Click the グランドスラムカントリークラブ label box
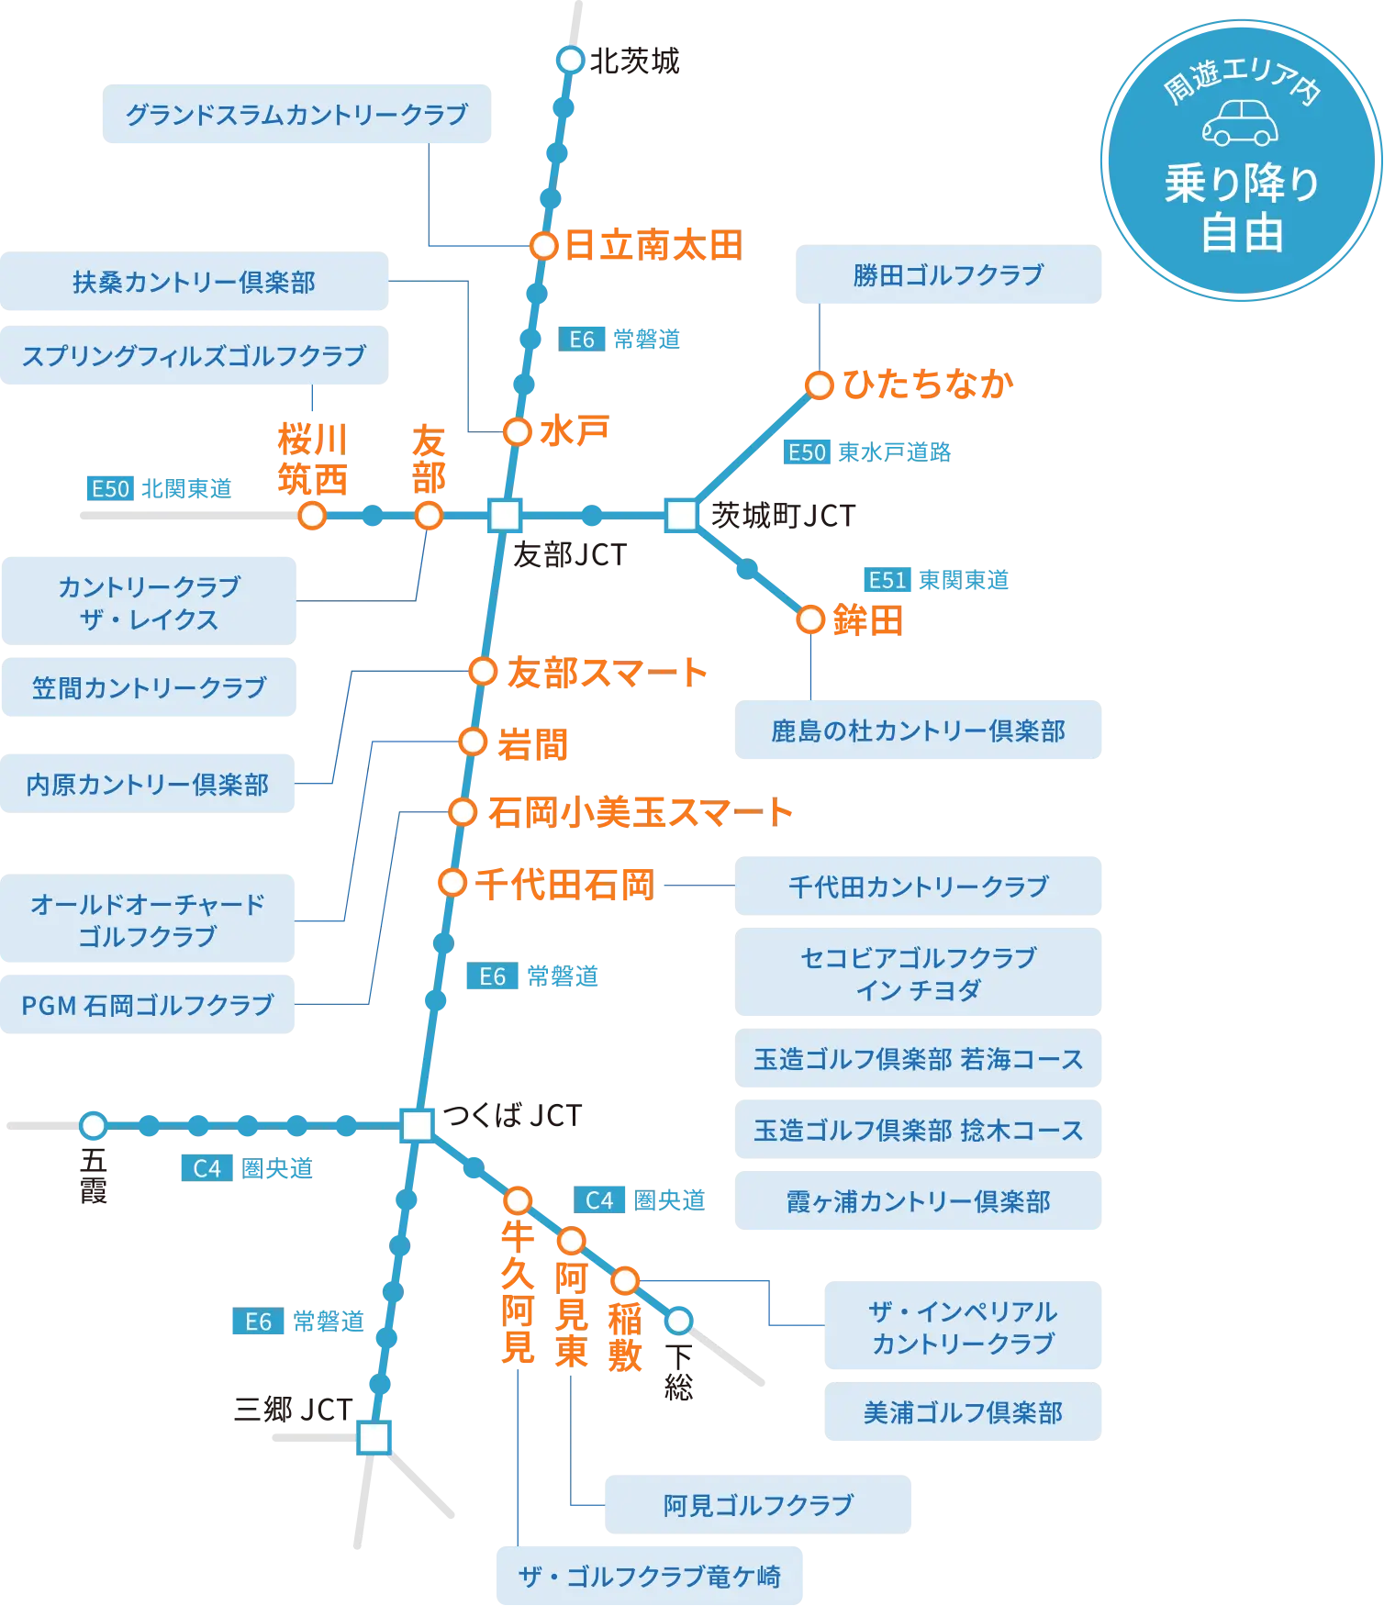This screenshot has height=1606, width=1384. [294, 115]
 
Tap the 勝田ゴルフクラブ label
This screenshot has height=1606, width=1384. [949, 275]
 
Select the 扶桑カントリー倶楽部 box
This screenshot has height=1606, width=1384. [194, 283]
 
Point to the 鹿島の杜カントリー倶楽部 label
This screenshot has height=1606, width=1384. [919, 731]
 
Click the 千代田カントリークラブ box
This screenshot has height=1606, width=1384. [919, 887]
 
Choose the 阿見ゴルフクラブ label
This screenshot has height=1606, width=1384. [759, 1505]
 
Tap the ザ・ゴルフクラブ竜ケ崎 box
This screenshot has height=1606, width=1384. [650, 1577]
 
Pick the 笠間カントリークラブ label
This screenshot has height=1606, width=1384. [149, 688]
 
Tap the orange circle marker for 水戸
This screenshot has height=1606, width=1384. [518, 431]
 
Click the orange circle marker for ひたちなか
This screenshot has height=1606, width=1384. [819, 385]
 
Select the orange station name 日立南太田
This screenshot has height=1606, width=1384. [652, 246]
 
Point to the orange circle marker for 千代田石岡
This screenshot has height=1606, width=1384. [452, 883]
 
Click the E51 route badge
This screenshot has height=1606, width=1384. [887, 580]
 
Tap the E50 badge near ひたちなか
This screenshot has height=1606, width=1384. [808, 452]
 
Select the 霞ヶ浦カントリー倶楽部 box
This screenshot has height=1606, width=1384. [919, 1201]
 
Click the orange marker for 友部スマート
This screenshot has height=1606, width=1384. [483, 672]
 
